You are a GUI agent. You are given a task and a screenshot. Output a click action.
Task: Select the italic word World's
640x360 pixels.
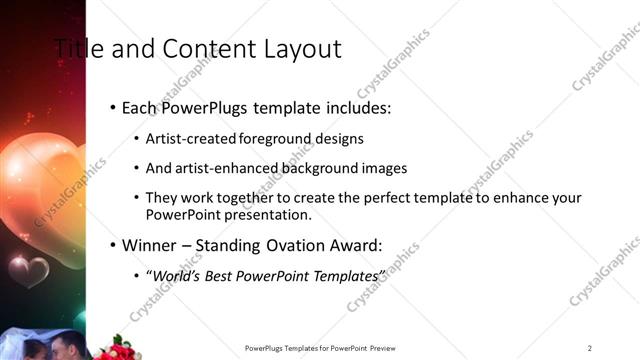(174, 274)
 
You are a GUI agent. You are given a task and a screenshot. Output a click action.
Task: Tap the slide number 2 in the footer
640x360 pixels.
(589, 348)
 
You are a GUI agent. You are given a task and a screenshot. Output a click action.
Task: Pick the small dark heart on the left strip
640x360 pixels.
(28, 268)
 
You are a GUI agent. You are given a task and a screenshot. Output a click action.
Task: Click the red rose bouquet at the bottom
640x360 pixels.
(117, 349)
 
